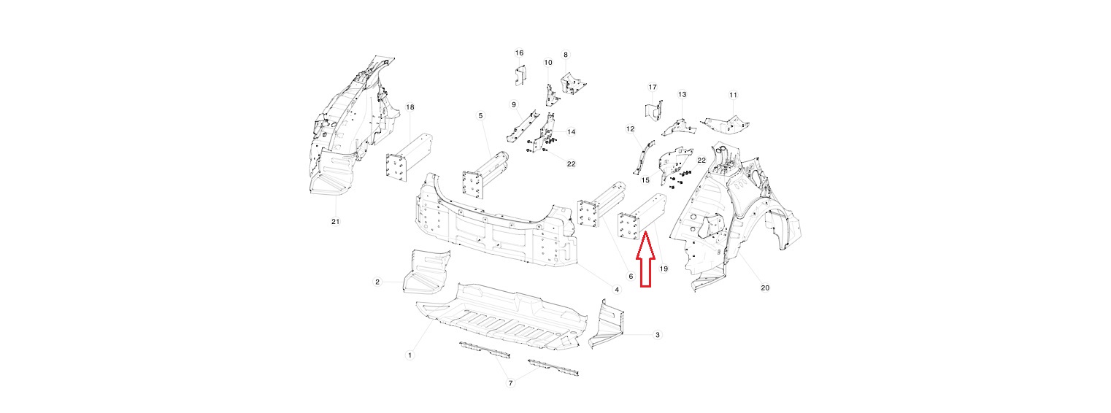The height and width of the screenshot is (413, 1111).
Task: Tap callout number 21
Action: tap(336, 221)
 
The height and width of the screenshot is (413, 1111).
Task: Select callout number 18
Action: tap(410, 107)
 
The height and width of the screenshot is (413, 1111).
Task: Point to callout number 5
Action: tap(480, 115)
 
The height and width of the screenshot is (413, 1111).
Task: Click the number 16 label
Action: tap(519, 53)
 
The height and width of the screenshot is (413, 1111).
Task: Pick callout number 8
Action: tap(565, 55)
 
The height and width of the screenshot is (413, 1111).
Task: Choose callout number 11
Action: tap(733, 95)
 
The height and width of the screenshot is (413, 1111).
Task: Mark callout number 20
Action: tap(765, 287)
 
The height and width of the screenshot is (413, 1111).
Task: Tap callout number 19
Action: tap(664, 269)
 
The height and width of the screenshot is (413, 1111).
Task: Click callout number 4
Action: tap(616, 290)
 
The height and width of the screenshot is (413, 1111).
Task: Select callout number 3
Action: tap(658, 335)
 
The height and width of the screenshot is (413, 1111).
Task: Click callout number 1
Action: tap(410, 355)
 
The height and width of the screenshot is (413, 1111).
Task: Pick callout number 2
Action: tap(377, 282)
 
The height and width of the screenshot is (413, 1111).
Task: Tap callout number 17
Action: tap(653, 88)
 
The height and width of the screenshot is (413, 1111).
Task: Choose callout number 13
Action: tap(682, 95)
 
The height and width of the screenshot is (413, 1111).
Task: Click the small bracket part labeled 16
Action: tap(520, 74)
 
